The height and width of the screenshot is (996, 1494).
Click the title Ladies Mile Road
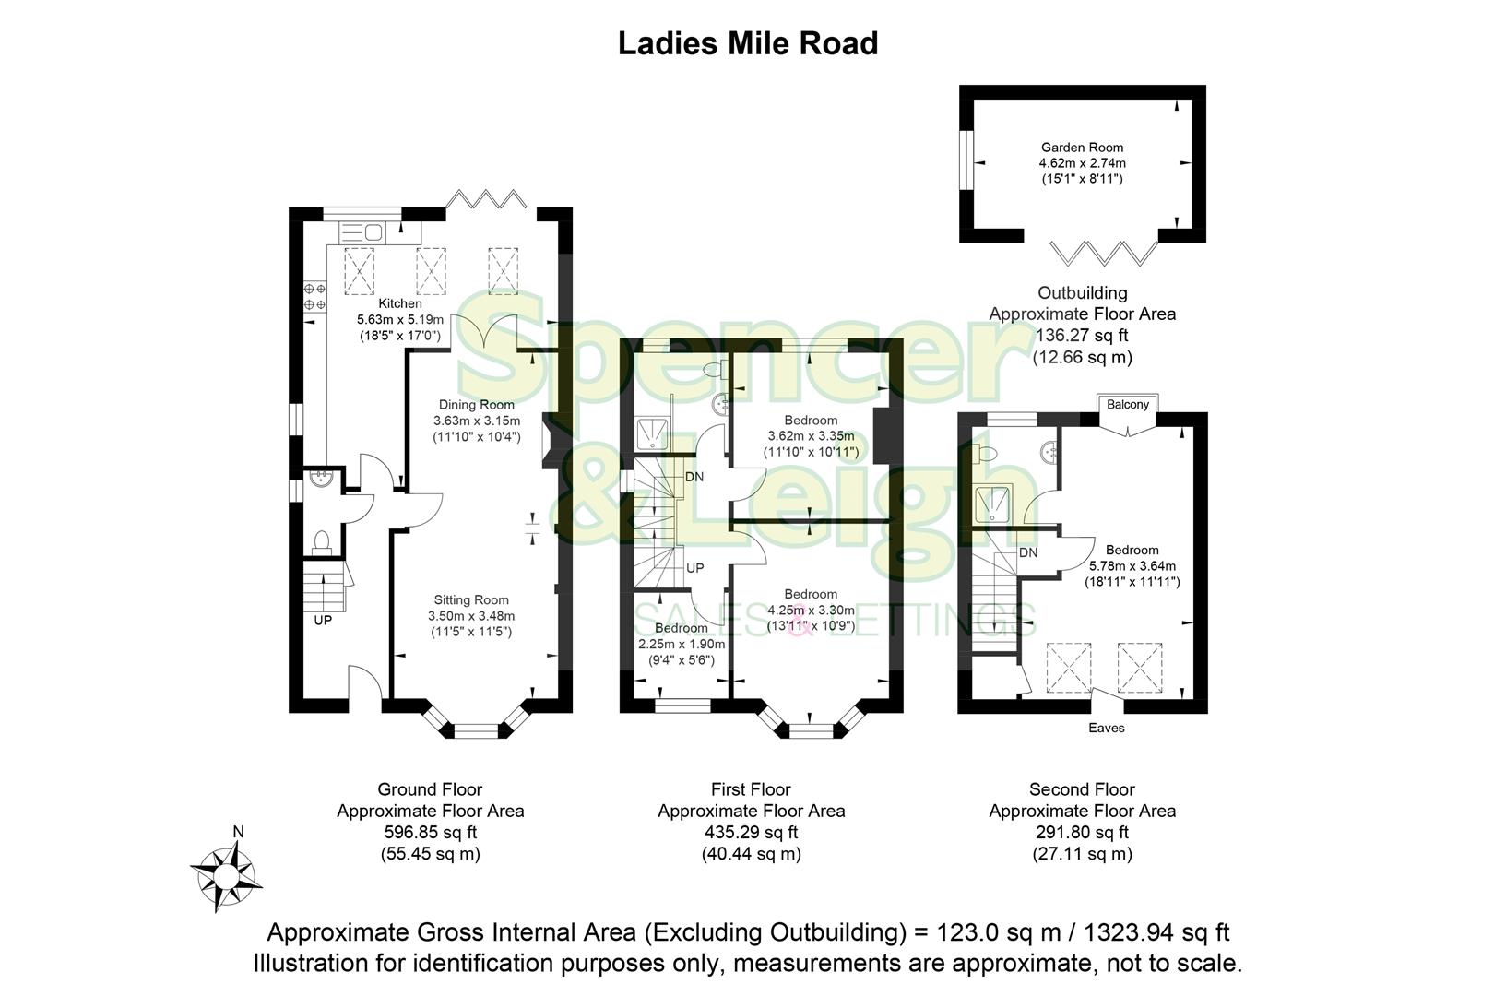click(747, 43)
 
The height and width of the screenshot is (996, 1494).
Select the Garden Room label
click(1082, 148)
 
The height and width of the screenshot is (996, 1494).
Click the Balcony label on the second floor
click(1127, 405)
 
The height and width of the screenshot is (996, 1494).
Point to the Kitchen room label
click(400, 303)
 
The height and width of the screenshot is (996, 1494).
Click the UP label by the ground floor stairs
click(323, 621)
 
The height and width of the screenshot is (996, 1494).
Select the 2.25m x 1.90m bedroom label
click(682, 645)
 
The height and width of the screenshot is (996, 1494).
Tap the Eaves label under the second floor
click(1106, 728)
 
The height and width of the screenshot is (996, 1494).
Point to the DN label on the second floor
click(1028, 553)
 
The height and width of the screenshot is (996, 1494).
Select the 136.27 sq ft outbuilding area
click(1082, 336)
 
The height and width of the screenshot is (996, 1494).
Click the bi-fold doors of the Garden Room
click(1106, 251)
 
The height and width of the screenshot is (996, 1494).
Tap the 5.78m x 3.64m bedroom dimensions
click(1132, 566)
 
